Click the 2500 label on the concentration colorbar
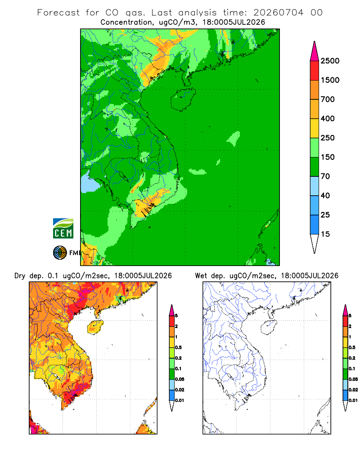point(330,61)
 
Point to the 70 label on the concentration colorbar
point(325,176)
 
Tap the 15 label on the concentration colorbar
point(325,234)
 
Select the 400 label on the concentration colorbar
point(328,118)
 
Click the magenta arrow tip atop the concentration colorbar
point(315,51)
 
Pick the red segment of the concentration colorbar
point(315,71)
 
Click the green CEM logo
point(63,229)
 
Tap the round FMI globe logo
point(60,253)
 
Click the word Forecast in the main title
point(58,13)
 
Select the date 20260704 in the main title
point(278,13)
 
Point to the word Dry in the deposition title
point(20,276)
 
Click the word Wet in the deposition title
point(201,276)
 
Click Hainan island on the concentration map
point(183,99)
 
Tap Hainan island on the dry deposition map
point(95,327)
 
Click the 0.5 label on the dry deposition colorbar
point(178,347)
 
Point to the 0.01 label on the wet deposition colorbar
point(353,400)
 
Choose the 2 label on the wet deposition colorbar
point(350,326)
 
